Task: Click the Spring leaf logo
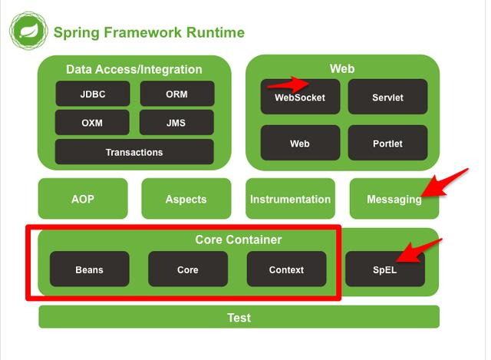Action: [28, 31]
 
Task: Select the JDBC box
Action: [93, 94]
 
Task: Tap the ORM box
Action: [177, 94]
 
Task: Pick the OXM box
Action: [92, 122]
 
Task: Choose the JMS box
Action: [176, 122]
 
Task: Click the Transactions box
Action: [134, 152]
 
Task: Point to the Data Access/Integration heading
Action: [134, 69]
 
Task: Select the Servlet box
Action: [387, 97]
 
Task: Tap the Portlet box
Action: [387, 143]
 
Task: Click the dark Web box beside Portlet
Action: [300, 143]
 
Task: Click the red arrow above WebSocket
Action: [288, 84]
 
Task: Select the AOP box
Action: [83, 199]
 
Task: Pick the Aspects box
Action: [186, 199]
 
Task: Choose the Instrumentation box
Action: [290, 199]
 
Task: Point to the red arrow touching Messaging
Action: [445, 183]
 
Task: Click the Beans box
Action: [90, 269]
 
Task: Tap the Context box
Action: [286, 269]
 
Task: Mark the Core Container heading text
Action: [239, 239]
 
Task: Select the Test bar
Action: [239, 317]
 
